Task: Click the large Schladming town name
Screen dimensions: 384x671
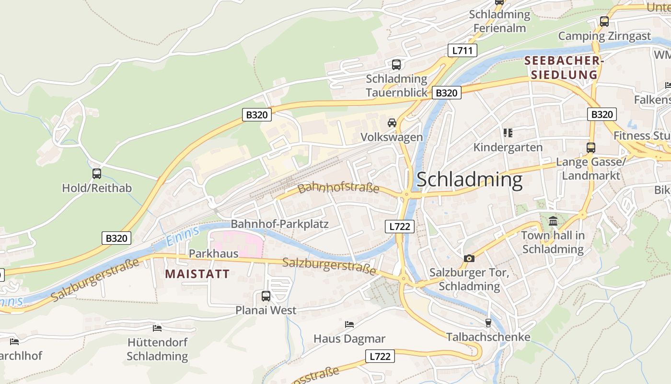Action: pos(469,180)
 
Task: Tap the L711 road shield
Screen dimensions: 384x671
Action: pos(462,50)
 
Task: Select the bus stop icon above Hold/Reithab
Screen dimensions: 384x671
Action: pos(97,174)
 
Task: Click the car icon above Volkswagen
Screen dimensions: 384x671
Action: pos(392,123)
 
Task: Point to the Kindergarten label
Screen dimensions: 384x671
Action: pos(508,147)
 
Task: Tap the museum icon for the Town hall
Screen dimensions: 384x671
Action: pos(553,221)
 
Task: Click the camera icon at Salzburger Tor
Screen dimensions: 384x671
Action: pos(469,258)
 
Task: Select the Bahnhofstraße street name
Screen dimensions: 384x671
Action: pos(338,188)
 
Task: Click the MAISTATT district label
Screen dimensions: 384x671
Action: pos(197,274)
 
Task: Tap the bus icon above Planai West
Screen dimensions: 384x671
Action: pos(266,296)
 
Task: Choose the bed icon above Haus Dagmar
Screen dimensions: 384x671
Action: pos(349,324)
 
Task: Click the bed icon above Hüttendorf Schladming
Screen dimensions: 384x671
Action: pos(157,328)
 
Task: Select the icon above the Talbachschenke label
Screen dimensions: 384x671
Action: pos(488,323)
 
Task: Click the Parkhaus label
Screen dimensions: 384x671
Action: pos(214,253)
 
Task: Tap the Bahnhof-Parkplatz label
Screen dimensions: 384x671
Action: pos(279,224)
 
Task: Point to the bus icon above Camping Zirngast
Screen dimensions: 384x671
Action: pos(604,22)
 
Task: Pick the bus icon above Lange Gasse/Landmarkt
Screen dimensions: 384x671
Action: pos(591,148)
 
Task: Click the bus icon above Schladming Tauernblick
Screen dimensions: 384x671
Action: pos(396,64)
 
